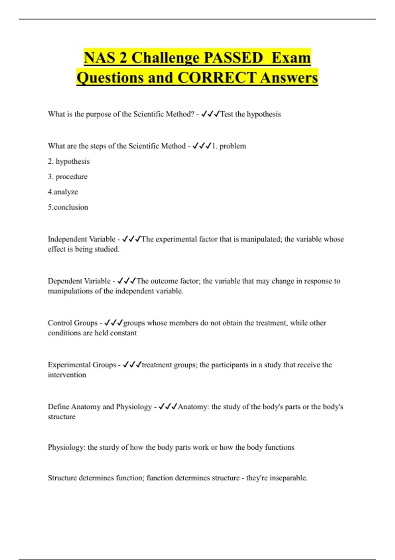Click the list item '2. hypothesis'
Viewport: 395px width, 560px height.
coord(69,161)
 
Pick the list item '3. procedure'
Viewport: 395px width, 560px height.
coord(68,177)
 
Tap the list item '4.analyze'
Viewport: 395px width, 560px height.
coord(63,192)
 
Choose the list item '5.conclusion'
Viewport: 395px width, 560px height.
coord(68,207)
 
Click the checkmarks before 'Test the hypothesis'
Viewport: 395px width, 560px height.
coord(210,114)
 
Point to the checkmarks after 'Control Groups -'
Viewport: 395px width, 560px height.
coord(113,323)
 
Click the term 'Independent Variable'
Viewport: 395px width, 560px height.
coord(82,239)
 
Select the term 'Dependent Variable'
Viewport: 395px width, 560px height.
coord(79,281)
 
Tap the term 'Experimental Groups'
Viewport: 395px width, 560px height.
coord(82,365)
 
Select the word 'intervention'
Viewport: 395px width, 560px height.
coord(67,375)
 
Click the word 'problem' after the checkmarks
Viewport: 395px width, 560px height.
coord(233,146)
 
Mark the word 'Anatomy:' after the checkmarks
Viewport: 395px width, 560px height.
coord(193,407)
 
